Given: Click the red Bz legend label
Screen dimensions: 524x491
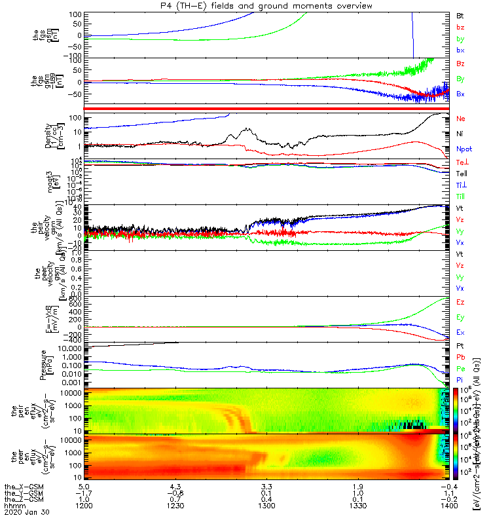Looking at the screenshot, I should coord(460,63).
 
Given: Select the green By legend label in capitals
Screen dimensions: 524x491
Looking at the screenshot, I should coord(460,80).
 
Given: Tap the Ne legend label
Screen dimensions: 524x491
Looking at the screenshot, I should coord(460,119).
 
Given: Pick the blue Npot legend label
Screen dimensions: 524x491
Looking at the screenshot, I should coord(464,149).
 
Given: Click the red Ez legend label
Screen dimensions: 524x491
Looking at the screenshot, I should coord(460,303).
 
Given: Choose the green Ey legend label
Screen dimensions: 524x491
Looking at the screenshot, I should coord(460,318).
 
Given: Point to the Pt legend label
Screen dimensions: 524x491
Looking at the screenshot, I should coord(460,345).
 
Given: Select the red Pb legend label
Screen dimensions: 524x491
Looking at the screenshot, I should coord(460,357).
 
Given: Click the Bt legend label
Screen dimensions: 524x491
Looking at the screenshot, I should coord(460,14).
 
